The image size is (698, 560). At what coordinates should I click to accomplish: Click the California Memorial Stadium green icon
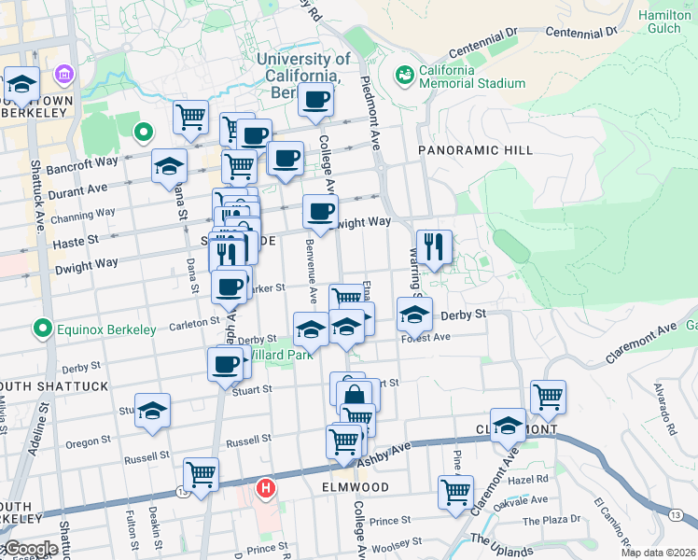point(405,74)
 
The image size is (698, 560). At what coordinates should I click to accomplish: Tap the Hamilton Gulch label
point(664,22)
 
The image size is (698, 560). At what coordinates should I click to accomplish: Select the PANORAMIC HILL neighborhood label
point(475,149)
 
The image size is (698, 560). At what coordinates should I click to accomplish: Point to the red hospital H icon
point(266,487)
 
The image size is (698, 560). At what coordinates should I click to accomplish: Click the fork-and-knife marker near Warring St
point(434,246)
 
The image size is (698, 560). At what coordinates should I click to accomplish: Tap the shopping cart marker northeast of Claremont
point(548,395)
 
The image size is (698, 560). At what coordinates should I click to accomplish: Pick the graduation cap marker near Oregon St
point(153,410)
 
